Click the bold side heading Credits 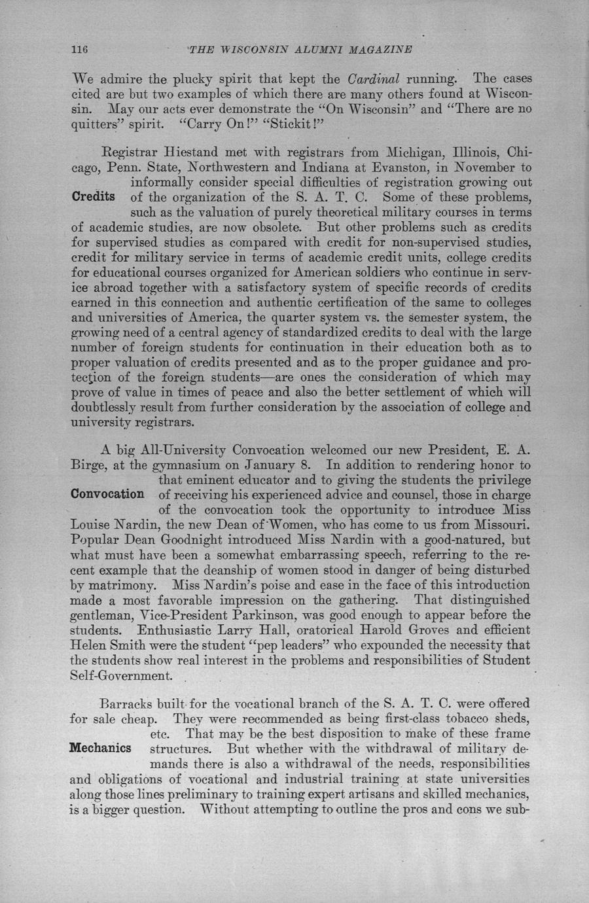[x=94, y=197]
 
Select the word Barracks [x=128, y=705]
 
